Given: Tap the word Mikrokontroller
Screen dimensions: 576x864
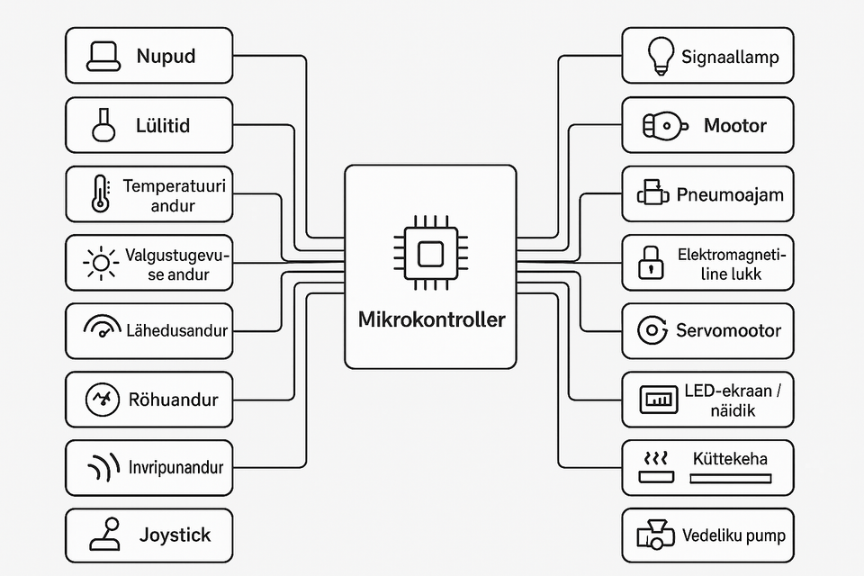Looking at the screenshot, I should coord(431,319).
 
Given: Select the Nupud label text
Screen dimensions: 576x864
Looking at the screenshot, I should coord(166,56).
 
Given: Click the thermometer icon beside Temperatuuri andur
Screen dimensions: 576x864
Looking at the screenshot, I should coord(100,194).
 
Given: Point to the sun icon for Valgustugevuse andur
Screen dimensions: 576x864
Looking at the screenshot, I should coord(101,263).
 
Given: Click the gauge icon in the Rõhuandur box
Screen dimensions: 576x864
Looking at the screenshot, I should coord(101,399).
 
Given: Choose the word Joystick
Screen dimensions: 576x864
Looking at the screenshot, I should coord(175,535).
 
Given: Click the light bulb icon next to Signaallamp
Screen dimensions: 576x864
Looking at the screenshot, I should coord(661,56).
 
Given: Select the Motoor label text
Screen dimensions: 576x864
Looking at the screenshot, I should coord(735,125).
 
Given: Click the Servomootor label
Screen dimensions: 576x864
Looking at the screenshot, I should coord(728,330).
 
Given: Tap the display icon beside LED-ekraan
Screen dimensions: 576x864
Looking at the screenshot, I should coord(657,400).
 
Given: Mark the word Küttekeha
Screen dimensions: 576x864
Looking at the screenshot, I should coord(731,459).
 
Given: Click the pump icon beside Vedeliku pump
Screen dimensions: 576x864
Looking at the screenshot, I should coord(655,535).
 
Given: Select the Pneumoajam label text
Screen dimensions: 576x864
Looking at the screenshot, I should coord(730,194).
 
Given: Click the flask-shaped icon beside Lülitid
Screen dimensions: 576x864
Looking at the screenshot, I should coord(104,125).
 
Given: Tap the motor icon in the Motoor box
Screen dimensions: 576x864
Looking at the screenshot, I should coord(662,126).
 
